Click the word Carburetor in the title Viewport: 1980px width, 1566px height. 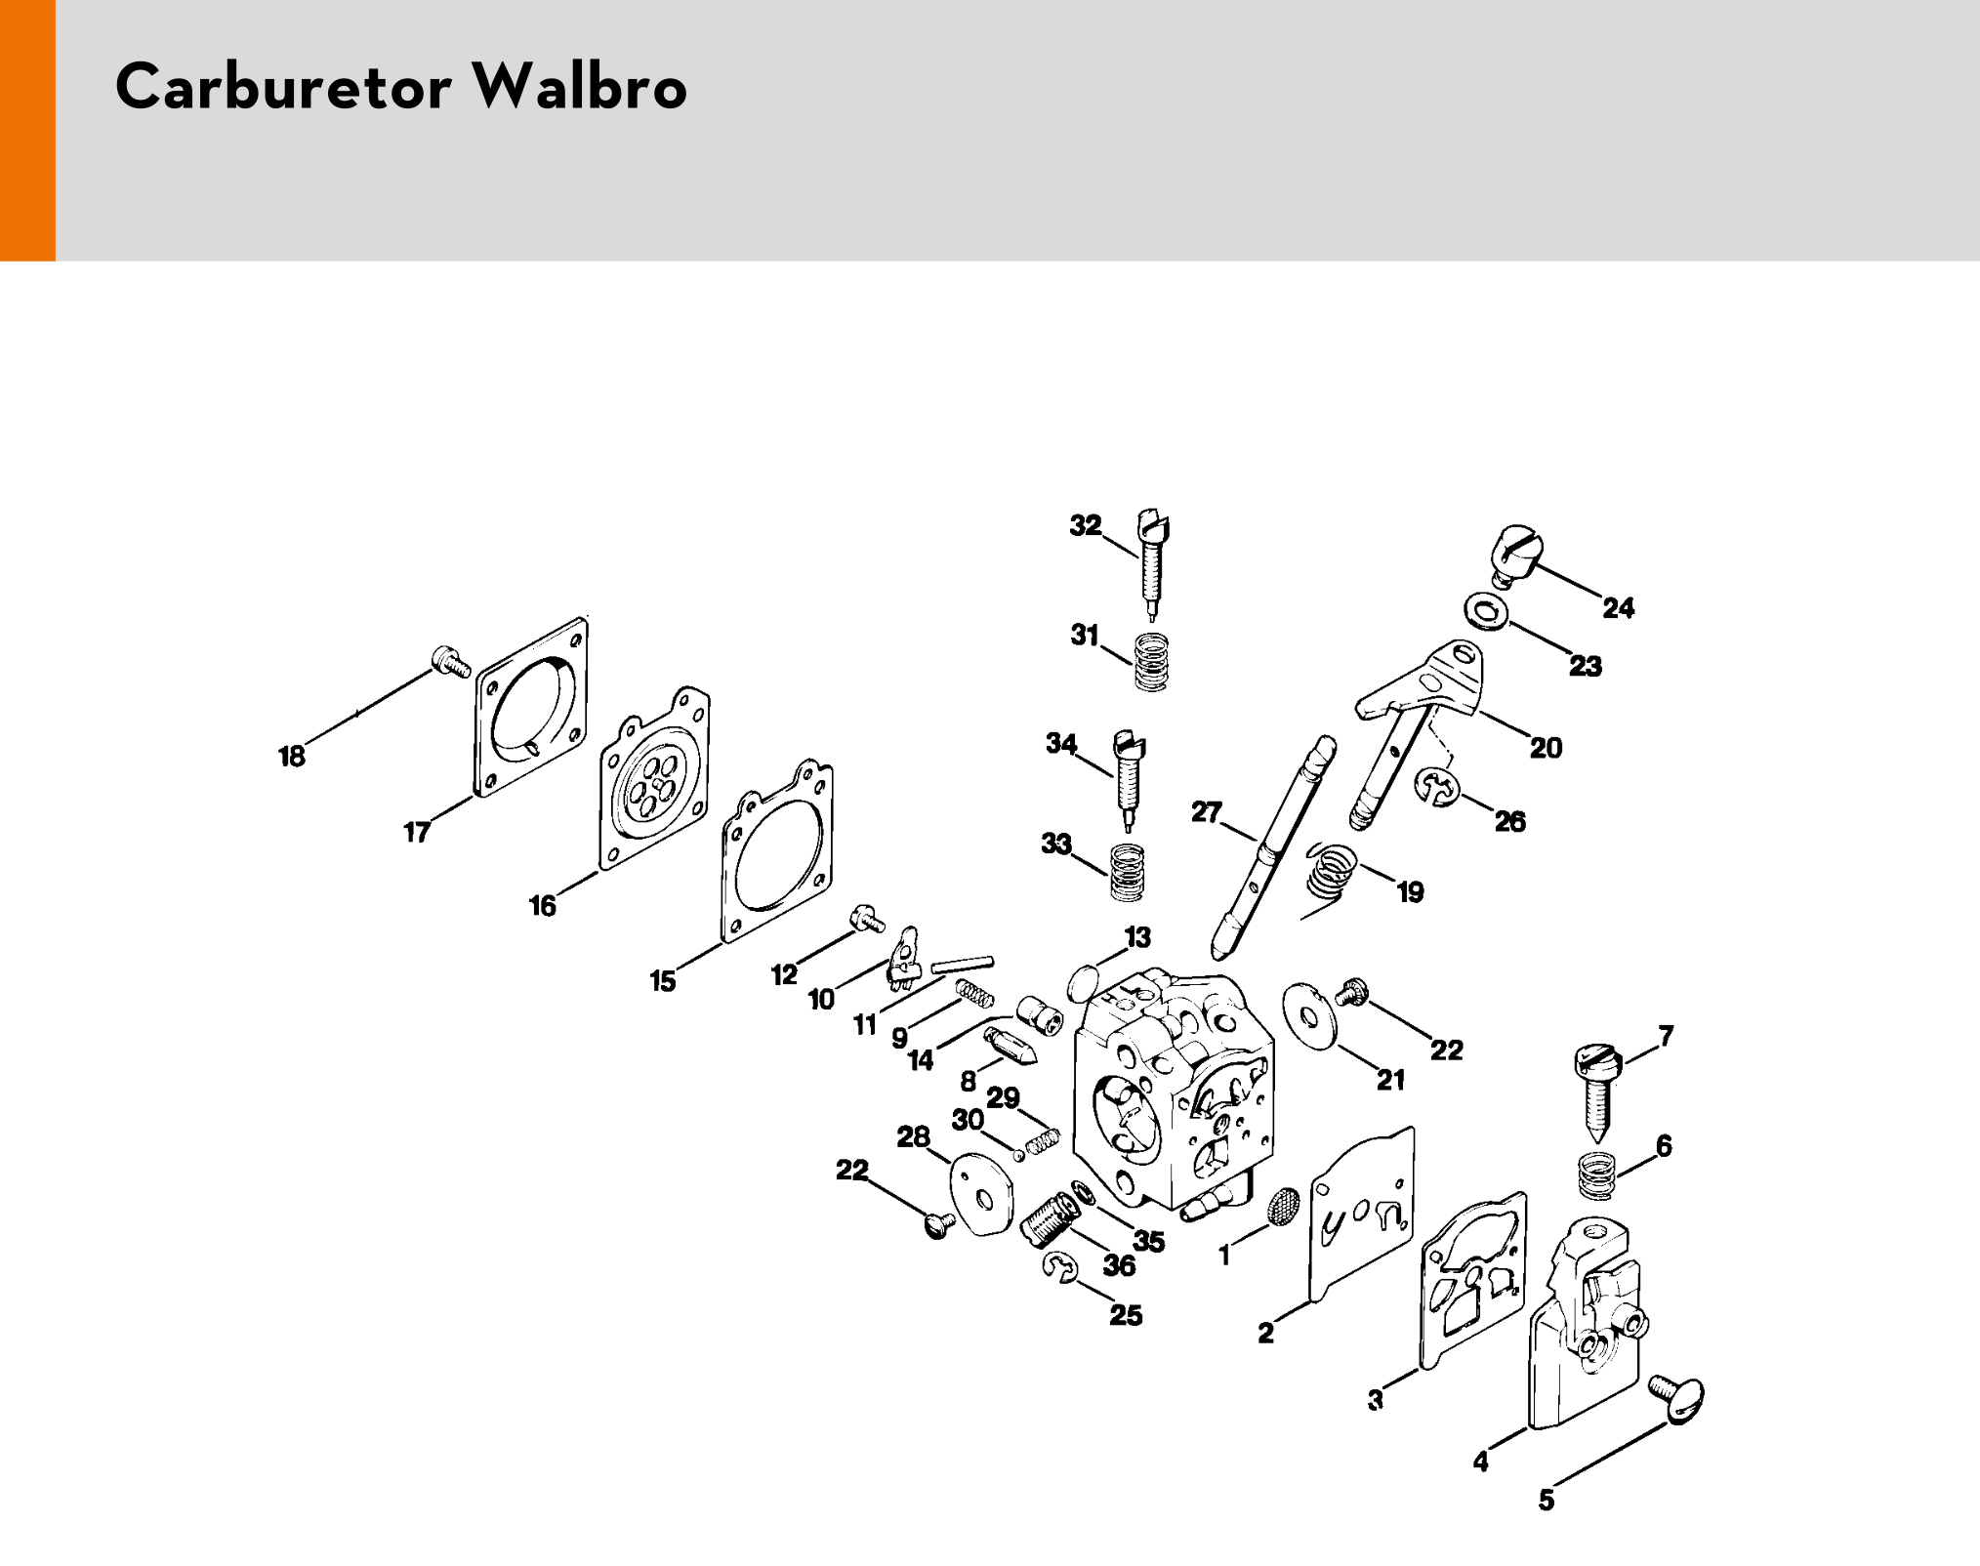284,88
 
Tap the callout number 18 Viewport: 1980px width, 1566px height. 292,757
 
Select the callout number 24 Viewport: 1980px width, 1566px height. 1618,608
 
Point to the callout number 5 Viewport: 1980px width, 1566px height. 1546,1500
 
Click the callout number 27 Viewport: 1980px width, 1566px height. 1207,812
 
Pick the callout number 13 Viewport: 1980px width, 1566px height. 1137,937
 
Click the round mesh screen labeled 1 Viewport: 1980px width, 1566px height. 1283,1207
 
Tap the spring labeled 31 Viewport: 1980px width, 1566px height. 1152,662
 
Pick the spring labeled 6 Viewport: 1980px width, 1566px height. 1597,1173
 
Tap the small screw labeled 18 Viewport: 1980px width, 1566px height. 450,661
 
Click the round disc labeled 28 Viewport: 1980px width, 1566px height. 981,1194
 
